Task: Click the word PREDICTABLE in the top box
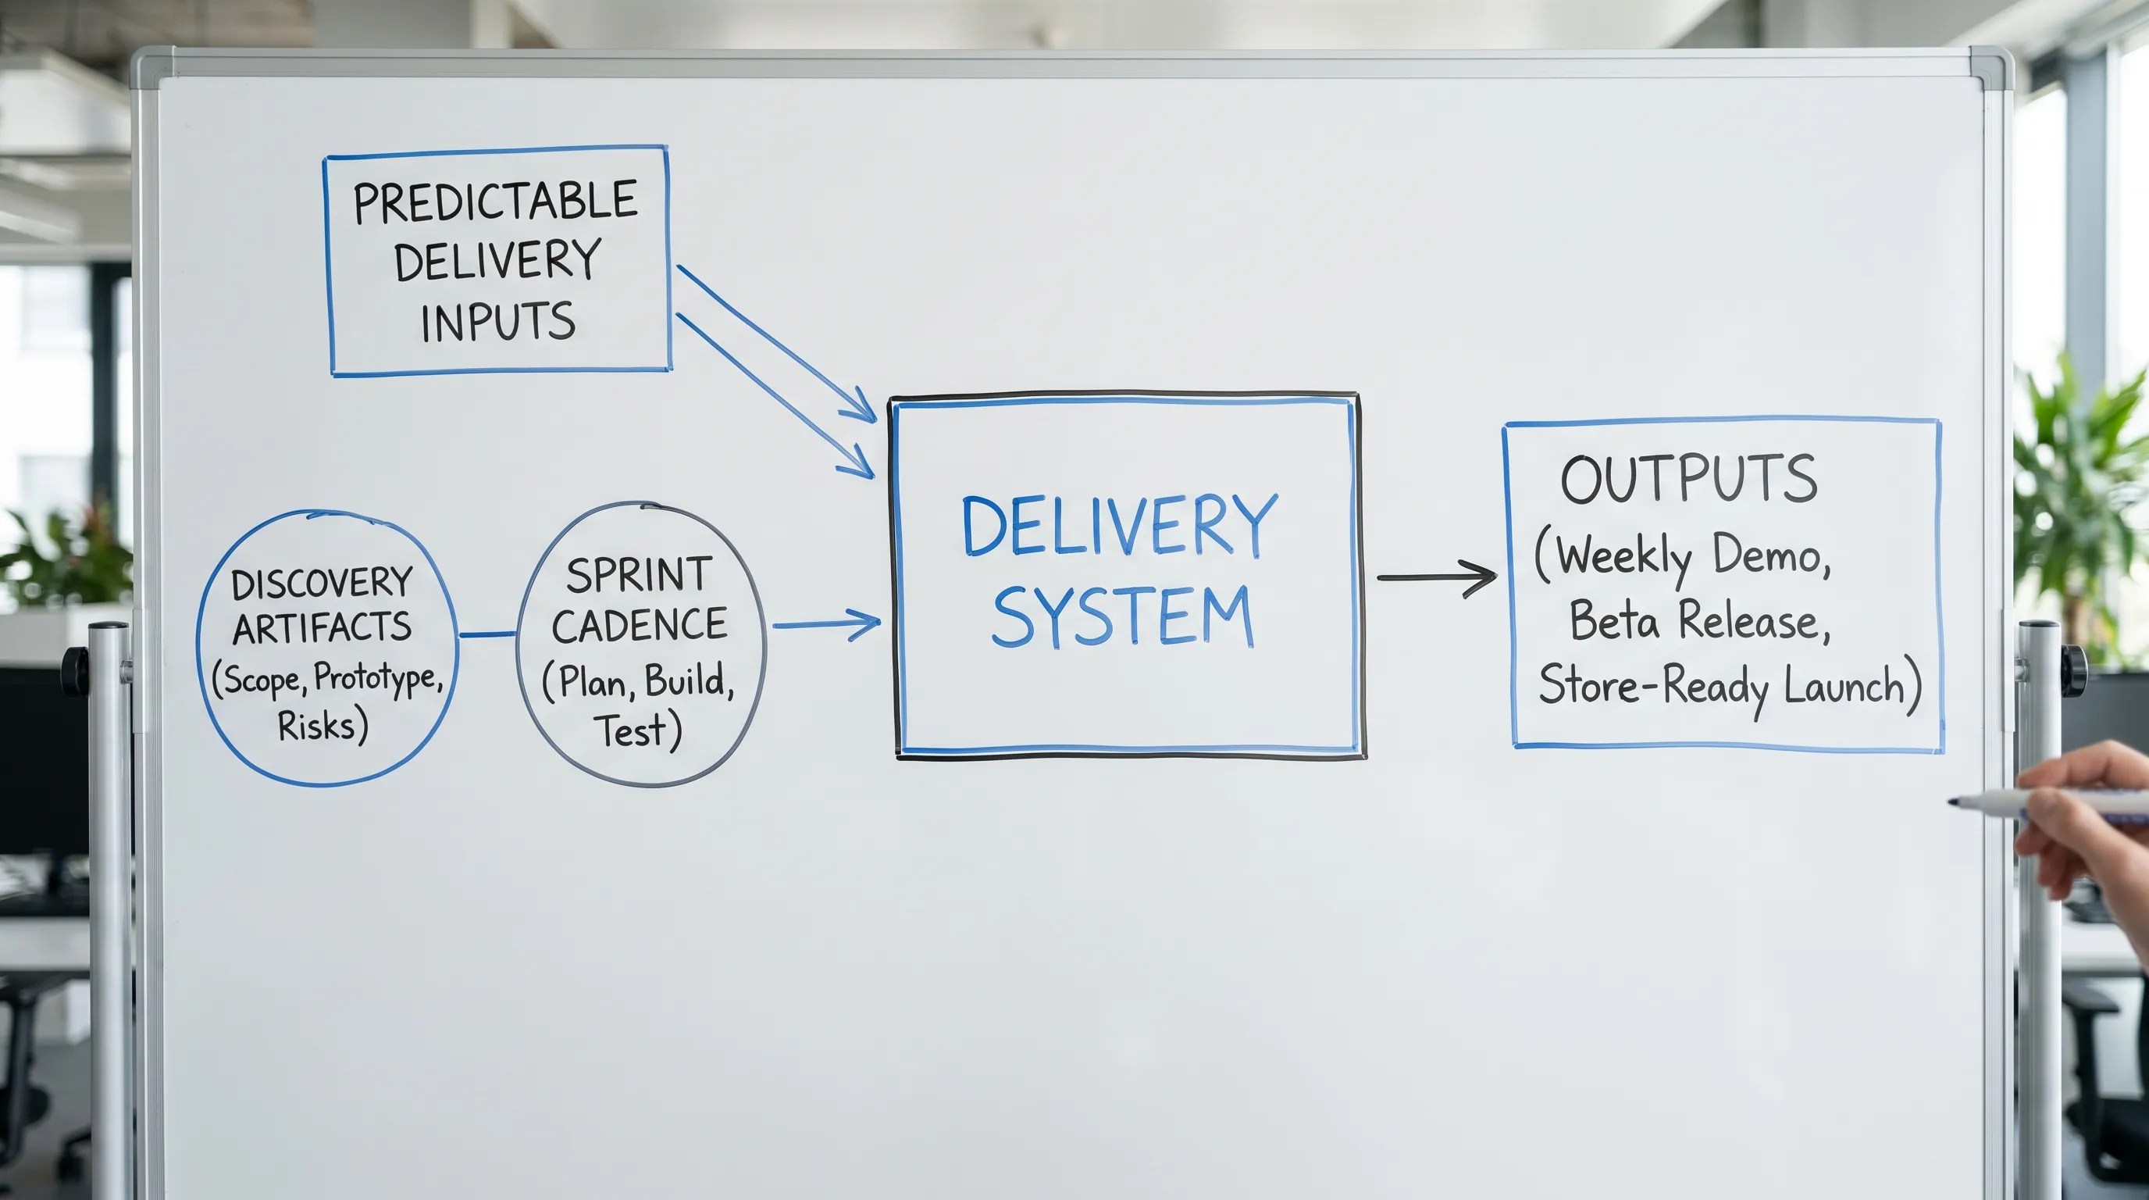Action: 496,202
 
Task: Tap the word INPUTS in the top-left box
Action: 498,322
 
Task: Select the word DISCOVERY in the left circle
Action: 322,584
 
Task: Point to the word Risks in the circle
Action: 317,725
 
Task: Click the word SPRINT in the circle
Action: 639,575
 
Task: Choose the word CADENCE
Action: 639,625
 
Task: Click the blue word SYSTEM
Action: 1122,616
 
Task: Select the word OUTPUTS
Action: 1688,479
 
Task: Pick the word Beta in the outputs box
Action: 1614,621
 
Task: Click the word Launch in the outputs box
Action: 1845,687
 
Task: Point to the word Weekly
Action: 1624,556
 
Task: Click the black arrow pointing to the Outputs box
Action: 1436,577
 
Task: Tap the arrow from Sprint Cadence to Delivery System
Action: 826,624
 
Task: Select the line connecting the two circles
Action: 487,634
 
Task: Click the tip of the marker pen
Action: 1952,802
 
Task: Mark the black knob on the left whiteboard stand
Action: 74,670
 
